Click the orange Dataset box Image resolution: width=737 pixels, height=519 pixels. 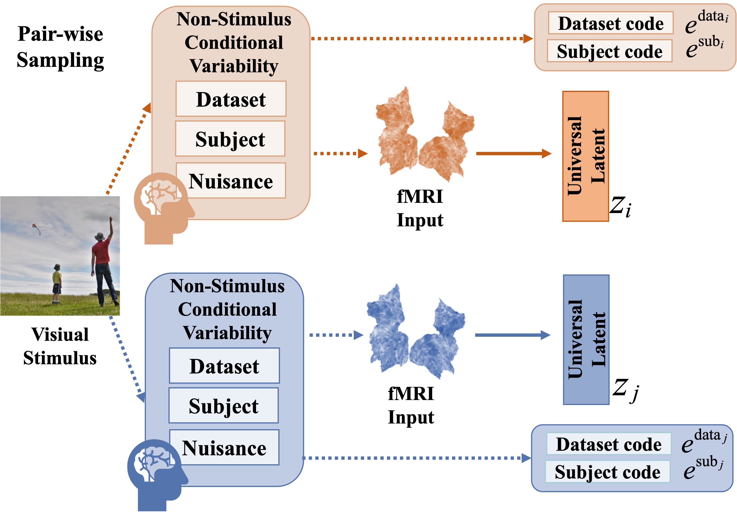click(x=231, y=99)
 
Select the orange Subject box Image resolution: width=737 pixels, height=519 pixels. click(x=230, y=139)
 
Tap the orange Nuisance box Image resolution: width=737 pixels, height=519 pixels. click(x=231, y=181)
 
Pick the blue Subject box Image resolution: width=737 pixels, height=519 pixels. click(x=223, y=406)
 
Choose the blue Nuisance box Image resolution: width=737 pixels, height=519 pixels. click(x=224, y=447)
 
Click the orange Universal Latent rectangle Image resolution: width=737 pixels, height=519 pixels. click(x=585, y=156)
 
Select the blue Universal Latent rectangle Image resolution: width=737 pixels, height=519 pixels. click(x=586, y=339)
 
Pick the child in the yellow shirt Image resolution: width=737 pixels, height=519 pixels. click(x=57, y=283)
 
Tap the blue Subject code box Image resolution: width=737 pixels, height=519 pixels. click(x=607, y=471)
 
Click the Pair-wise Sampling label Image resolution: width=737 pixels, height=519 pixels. click(x=60, y=47)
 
